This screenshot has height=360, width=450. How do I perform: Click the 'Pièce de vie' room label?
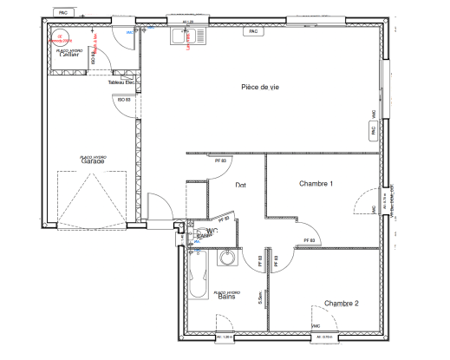[260, 88]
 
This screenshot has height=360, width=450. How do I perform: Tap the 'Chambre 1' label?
[316, 184]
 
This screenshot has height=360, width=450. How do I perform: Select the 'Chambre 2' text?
[342, 303]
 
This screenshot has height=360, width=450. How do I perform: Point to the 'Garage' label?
[93, 161]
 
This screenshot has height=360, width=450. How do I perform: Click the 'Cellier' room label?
[68, 56]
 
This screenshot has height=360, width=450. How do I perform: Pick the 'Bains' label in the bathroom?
[227, 297]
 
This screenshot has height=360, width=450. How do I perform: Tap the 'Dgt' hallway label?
[241, 186]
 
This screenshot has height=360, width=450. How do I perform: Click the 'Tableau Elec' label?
[122, 82]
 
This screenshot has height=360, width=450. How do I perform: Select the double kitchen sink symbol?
[183, 36]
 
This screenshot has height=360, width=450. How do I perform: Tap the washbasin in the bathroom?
[228, 259]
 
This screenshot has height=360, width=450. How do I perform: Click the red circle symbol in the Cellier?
[62, 36]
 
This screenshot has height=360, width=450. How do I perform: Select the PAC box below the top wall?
[254, 31]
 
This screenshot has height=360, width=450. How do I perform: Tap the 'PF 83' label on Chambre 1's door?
[307, 240]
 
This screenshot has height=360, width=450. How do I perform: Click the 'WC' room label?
[211, 231]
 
